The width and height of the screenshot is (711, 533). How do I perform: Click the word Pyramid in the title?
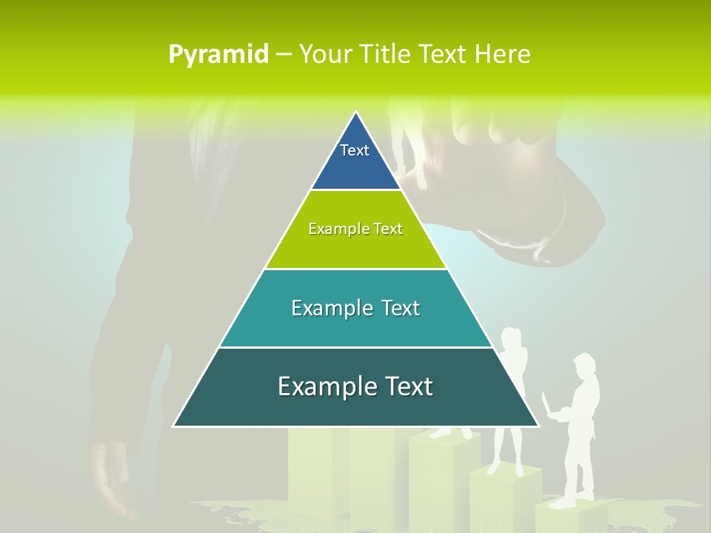[x=218, y=55]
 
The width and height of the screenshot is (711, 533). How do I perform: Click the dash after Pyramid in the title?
[x=283, y=55]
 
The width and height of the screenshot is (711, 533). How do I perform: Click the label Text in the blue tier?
[x=355, y=150]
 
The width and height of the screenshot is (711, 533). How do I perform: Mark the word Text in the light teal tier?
[x=399, y=308]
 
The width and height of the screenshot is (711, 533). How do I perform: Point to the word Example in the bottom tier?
[x=327, y=386]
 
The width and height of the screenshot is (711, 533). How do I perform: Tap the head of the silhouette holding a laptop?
[x=584, y=366]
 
